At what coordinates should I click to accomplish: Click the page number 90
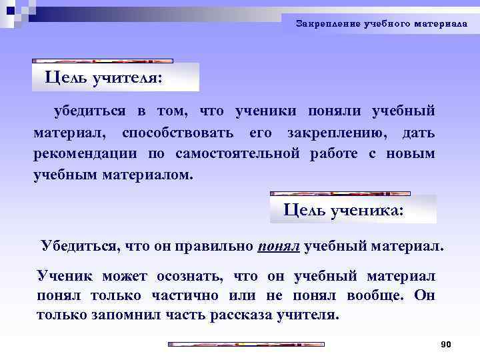tap(447, 344)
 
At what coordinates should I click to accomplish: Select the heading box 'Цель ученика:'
tap(353, 209)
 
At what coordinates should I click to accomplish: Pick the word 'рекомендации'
tap(85, 154)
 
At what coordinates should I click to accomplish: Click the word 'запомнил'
tap(123, 315)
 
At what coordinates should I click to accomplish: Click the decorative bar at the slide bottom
tap(245, 345)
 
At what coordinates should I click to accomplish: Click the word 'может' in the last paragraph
tap(128, 276)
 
